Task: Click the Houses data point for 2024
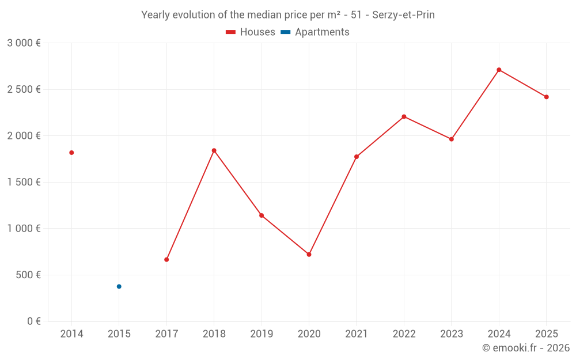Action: point(499,70)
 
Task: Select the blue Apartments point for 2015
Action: point(119,286)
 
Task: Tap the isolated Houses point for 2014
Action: point(71,153)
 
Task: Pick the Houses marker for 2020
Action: point(309,254)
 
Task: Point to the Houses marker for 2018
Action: point(214,150)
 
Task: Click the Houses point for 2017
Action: point(166,259)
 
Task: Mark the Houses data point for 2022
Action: point(404,116)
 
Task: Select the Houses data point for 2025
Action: point(546,97)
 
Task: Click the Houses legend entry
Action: point(251,32)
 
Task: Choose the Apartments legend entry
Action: point(315,32)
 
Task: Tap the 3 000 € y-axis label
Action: point(24,43)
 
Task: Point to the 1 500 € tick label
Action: point(24,182)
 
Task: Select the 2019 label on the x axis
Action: point(262,334)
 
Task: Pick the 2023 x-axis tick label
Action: point(451,334)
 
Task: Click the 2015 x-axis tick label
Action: point(119,334)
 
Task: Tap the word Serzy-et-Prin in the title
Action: point(403,15)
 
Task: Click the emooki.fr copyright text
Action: point(525,348)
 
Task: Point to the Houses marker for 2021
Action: point(357,157)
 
